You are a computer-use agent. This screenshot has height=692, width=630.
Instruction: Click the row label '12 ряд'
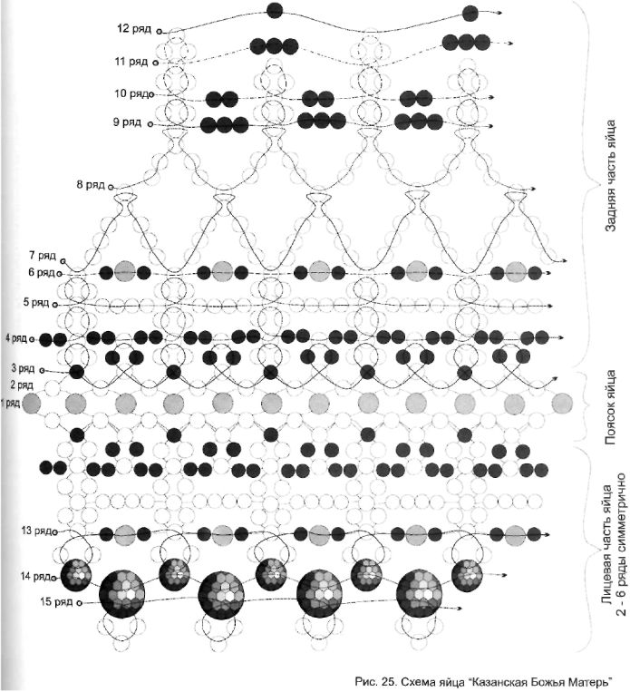point(134,29)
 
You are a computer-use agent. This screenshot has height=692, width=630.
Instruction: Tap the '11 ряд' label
point(131,62)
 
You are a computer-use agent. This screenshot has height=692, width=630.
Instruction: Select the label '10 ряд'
point(131,94)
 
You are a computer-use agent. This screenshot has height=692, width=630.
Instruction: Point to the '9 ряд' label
point(127,122)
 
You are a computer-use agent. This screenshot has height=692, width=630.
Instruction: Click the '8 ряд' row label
point(91,184)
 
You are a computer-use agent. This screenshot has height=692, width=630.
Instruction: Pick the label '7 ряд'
point(43,256)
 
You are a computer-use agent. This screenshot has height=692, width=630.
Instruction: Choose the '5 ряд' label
point(36,303)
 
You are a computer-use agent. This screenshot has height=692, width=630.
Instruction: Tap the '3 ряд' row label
point(23,368)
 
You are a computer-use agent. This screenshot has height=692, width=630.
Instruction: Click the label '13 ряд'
point(36,531)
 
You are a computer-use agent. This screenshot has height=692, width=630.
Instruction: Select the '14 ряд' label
point(35,577)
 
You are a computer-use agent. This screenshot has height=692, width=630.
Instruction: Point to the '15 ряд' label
point(56,601)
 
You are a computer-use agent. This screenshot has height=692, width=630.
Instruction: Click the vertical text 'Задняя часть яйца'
point(611,176)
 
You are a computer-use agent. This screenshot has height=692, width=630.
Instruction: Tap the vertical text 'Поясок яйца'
point(611,407)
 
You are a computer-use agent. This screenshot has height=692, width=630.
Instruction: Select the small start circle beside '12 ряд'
point(159,32)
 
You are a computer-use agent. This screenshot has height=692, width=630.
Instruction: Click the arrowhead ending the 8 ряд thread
point(533,189)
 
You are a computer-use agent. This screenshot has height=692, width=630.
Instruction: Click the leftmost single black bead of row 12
point(275,10)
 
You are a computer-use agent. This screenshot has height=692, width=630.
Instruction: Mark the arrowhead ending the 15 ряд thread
point(459,609)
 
